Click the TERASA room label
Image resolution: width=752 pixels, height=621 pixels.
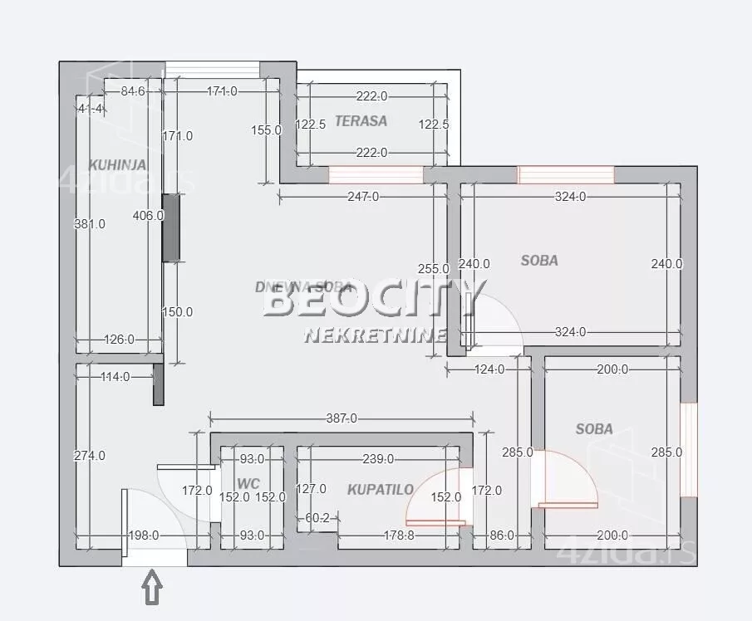pos(361,120)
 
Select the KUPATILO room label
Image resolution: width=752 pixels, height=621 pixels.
pos(381,489)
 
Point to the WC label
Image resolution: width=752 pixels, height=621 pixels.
pos(248,483)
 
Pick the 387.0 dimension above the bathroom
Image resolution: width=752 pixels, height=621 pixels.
pos(341,419)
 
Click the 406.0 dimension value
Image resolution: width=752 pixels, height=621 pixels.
pos(148,215)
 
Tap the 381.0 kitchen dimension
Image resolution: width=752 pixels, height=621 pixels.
pos(90,223)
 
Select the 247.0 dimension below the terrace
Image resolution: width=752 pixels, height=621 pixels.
pos(362,197)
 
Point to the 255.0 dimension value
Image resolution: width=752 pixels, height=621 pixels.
pos(434,269)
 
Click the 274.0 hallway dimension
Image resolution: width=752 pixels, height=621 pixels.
pos(90,455)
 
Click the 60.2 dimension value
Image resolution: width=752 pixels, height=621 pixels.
pos(316,519)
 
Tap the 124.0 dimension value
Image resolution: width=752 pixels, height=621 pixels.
pos(489,369)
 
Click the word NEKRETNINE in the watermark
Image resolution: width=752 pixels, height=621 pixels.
pos(376,335)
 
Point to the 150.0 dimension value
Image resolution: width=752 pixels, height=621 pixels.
pos(177,312)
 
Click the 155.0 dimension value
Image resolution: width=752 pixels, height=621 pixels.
pos(267,130)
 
